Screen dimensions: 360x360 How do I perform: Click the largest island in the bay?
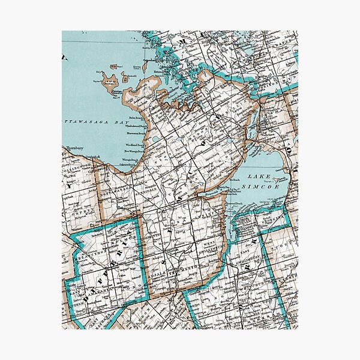tap(110, 81)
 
